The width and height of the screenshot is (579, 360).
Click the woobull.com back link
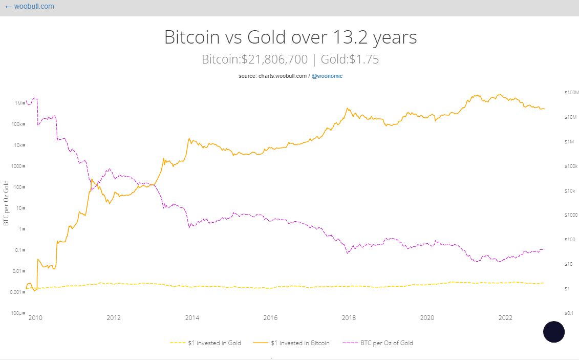[x=29, y=7]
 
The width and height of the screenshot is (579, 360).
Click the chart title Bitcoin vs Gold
[x=290, y=37]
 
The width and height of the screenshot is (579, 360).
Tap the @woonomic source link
[x=327, y=76]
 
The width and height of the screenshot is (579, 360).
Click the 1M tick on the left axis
[x=18, y=103]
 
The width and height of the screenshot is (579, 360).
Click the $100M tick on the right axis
[x=570, y=93]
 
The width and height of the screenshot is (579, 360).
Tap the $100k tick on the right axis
[x=570, y=166]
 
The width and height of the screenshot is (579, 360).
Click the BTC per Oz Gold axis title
[x=6, y=203]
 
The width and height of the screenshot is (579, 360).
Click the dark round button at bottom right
[x=553, y=332]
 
